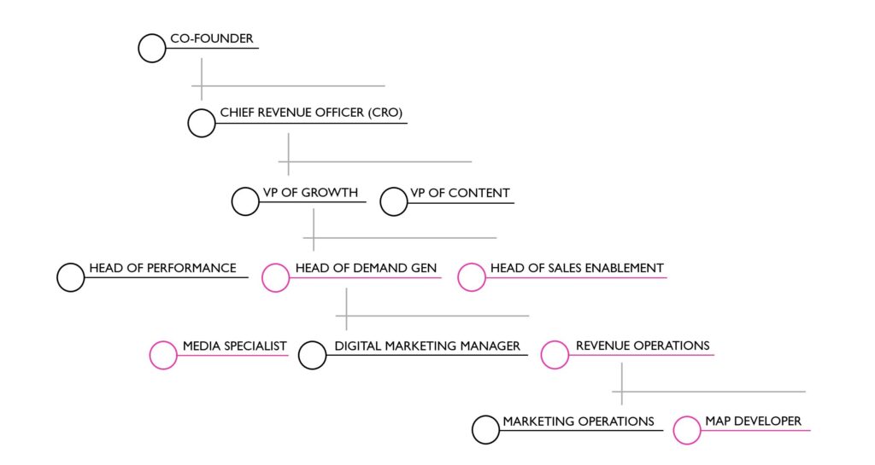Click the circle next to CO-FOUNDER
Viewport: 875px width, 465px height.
tap(152, 49)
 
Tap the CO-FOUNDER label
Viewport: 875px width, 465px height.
tap(212, 39)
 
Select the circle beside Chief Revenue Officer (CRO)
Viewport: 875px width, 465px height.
tap(202, 123)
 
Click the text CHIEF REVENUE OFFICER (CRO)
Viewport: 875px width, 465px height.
tap(311, 113)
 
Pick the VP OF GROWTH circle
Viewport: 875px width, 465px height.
tap(245, 202)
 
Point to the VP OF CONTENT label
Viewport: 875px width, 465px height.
tap(460, 193)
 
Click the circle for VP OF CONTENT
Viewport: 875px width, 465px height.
tap(394, 202)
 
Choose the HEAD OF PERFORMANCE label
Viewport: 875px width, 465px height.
tap(162, 268)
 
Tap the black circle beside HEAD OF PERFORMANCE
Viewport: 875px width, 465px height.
tap(71, 277)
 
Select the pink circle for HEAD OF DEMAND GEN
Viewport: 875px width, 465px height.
tap(275, 277)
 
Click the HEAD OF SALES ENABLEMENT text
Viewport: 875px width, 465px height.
tap(577, 268)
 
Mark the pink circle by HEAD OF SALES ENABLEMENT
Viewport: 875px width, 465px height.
tap(472, 277)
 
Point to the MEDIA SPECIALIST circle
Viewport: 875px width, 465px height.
tap(163, 355)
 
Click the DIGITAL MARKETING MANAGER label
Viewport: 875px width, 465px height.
tap(427, 346)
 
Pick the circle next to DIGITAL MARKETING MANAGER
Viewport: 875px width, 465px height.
tap(313, 355)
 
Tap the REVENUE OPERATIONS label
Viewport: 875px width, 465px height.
tap(643, 346)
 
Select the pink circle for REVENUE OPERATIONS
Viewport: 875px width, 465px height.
tap(555, 355)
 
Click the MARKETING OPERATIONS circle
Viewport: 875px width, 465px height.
tap(485, 430)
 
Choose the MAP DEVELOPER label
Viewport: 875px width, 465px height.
tap(753, 421)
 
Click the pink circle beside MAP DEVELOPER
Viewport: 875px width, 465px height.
tap(687, 430)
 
